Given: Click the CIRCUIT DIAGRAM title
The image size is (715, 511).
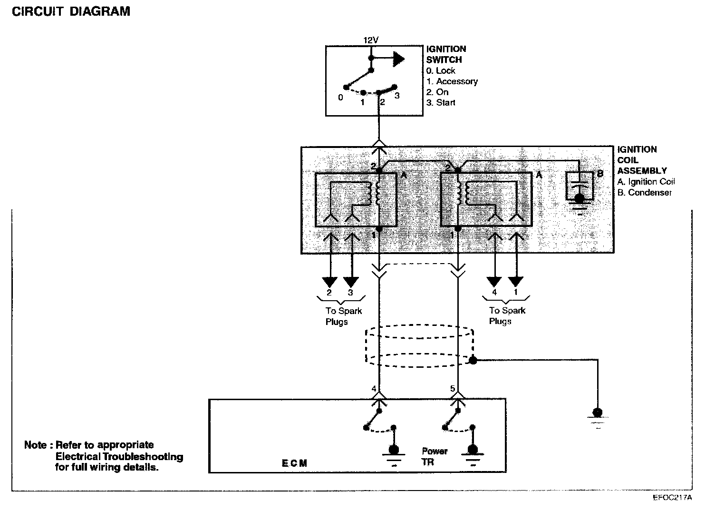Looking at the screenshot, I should point(71,11).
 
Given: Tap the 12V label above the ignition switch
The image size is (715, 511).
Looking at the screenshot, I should point(371,40).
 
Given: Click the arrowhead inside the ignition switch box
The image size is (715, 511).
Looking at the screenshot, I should point(398,59).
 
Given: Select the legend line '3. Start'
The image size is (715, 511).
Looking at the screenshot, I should point(441,103).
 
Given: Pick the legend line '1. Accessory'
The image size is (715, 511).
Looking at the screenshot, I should point(452,81).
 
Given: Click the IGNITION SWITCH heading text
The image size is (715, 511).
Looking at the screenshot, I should point(445,54).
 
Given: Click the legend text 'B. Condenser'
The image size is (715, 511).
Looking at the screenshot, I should point(645,193).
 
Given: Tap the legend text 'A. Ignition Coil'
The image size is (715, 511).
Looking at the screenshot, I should point(646,182).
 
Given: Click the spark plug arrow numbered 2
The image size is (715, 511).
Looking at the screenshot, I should point(329,282).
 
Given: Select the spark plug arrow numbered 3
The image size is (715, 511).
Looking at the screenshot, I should point(351,282).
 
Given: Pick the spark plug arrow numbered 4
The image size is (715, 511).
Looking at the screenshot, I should point(494,282).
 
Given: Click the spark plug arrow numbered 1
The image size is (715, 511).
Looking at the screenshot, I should point(516,282).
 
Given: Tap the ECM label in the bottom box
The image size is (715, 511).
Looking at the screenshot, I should point(294,463).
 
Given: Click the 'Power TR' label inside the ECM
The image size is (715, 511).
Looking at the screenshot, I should point(434,456).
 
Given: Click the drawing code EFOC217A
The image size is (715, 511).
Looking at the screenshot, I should point(672,498).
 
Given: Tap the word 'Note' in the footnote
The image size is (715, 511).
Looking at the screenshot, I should point(36,445).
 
